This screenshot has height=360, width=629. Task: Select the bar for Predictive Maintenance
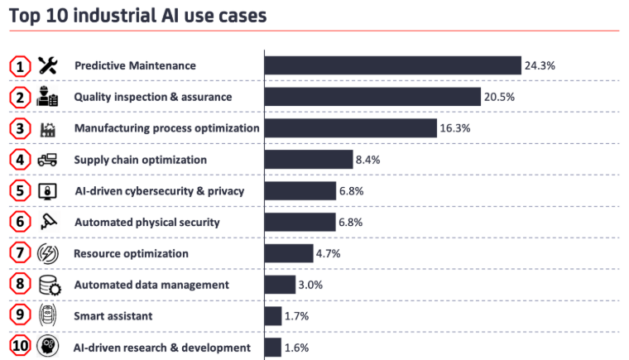tap(392, 65)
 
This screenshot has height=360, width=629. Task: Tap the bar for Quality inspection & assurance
tap(372, 97)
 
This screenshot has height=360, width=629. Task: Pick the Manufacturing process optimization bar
tap(350, 128)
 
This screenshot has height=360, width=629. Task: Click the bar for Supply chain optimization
tap(309, 160)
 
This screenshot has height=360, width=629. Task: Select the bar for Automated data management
tap(280, 285)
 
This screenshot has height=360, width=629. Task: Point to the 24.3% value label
tap(538, 65)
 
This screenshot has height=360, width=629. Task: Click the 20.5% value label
tap(499, 97)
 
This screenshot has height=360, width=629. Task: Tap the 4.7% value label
tap(331, 253)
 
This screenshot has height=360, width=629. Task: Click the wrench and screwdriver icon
tap(48, 65)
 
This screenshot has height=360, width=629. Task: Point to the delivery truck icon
tap(48, 160)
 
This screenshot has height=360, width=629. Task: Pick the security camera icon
tap(48, 222)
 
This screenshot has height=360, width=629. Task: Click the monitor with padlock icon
tap(48, 191)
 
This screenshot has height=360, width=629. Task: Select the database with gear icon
tap(49, 286)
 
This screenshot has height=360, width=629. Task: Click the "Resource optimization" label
tap(131, 253)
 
